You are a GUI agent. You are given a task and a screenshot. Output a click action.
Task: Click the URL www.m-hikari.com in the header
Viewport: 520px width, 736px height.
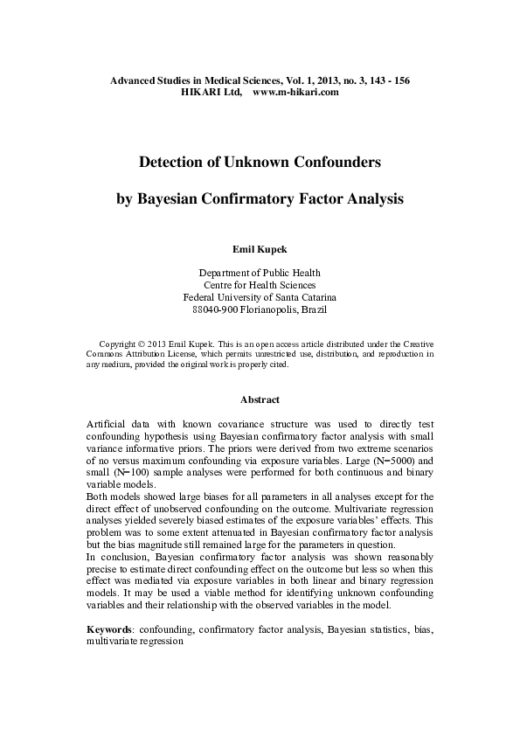click(295, 92)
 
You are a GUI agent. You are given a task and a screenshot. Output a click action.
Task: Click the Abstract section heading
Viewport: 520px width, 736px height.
click(260, 399)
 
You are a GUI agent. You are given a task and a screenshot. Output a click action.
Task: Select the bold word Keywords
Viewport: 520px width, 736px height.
click(109, 628)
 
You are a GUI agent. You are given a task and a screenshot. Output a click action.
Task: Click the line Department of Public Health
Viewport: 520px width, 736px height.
click(260, 273)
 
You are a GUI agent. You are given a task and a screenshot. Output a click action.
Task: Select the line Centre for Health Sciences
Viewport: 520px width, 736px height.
click(260, 285)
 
